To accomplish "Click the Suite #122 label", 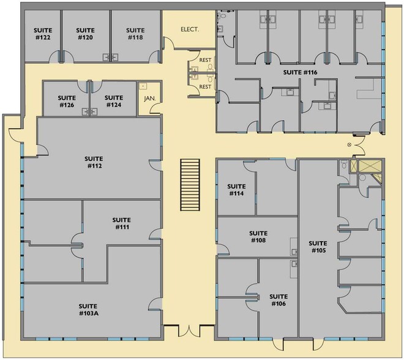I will [x=42, y=34].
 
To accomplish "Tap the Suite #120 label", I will [x=85, y=34].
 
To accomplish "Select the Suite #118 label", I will [x=135, y=34].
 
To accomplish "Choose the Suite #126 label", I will [x=66, y=101].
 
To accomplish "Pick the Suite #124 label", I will [x=114, y=101].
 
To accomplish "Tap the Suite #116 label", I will [x=300, y=72].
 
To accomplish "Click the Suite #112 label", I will [x=94, y=162].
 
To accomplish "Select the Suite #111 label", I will [x=122, y=223].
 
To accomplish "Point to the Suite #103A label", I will [x=89, y=310].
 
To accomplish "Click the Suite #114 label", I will [x=236, y=190].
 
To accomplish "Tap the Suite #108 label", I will [x=258, y=236].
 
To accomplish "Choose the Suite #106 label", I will [x=278, y=300].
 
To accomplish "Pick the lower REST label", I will [x=205, y=87].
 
